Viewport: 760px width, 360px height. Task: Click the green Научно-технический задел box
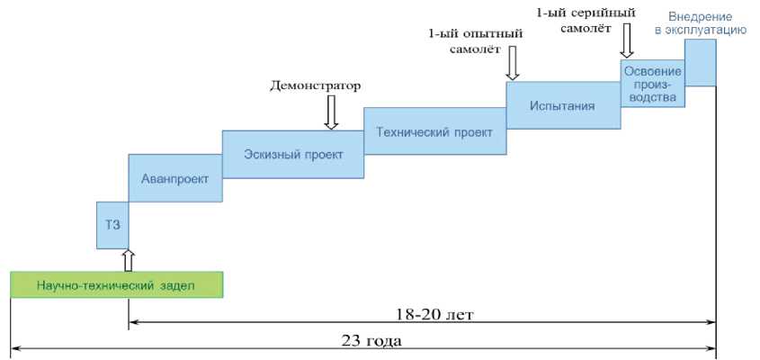click(116, 284)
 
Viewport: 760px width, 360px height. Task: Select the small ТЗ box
click(112, 225)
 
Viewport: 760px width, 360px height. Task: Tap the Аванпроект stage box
click(175, 179)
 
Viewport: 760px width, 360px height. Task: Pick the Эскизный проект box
click(293, 154)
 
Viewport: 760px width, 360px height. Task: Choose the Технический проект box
click(434, 131)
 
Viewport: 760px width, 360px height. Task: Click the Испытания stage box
click(563, 106)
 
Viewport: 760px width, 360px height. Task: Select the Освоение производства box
click(651, 84)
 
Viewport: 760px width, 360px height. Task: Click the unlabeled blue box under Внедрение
click(700, 62)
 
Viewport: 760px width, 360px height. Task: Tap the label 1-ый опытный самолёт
click(473, 41)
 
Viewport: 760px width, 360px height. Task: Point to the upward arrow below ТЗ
click(129, 259)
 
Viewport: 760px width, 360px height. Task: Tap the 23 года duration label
click(371, 341)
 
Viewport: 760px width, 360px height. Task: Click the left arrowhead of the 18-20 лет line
click(133, 319)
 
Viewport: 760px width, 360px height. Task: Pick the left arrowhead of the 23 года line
click(15, 346)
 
